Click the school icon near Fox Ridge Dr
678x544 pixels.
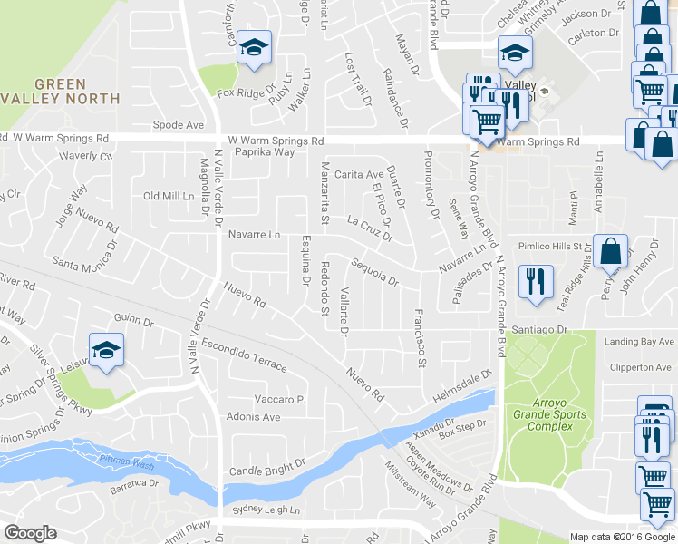pyautogui.click(x=255, y=48)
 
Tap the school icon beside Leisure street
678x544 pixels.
pyautogui.click(x=105, y=350)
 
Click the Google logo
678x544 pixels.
pyautogui.click(x=30, y=533)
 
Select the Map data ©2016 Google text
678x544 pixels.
pyautogui.click(x=622, y=537)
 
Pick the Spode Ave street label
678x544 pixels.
pyautogui.click(x=179, y=124)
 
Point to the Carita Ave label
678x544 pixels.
pyautogui.click(x=358, y=174)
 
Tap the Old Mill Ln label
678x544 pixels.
pyautogui.click(x=169, y=196)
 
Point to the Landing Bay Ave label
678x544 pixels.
pyautogui.click(x=640, y=342)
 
